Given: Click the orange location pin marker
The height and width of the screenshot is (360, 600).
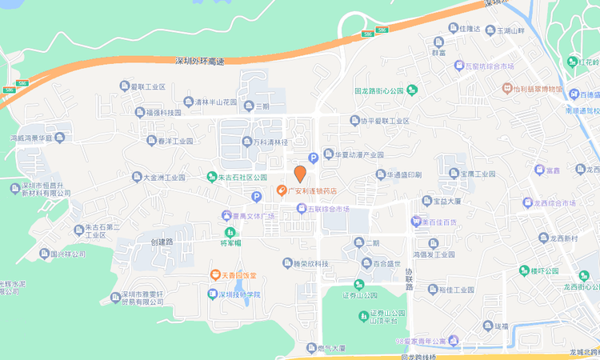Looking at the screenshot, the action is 300,174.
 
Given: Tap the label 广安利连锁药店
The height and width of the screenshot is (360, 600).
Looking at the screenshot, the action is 313,190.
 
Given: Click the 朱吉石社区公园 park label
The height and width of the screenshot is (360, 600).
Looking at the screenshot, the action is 242,177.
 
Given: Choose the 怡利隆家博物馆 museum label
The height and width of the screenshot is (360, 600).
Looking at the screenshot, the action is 538,88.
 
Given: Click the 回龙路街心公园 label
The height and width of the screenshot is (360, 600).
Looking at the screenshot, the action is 382,91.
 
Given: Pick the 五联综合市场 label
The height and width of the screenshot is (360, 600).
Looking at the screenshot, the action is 329,210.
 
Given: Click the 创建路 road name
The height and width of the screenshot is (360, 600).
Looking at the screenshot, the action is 162,242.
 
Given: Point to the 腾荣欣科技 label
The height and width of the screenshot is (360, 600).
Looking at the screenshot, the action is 311,263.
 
